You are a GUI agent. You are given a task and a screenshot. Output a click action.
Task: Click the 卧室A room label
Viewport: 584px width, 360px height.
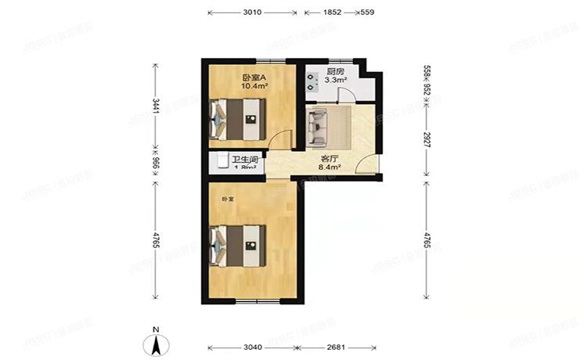254,77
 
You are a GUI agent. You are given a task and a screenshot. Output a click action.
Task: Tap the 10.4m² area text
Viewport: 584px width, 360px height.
254,86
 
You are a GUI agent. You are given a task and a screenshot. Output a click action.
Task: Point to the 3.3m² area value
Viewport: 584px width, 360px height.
337,80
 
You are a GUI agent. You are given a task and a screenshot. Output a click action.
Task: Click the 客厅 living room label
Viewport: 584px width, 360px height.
330,157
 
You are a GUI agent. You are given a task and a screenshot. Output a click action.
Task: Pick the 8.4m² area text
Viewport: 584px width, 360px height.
330,166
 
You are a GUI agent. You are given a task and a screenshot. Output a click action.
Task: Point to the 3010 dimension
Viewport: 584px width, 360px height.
252,13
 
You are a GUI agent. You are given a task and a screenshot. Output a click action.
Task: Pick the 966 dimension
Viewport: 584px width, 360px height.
156,165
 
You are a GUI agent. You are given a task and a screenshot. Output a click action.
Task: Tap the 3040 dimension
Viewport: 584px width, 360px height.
252,347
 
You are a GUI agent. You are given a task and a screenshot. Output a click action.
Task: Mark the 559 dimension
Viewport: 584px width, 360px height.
367,13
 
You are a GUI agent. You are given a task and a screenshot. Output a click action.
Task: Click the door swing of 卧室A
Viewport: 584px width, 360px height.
279,139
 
